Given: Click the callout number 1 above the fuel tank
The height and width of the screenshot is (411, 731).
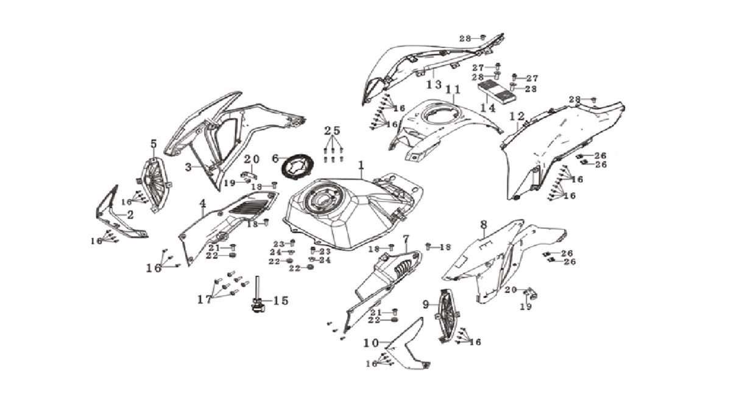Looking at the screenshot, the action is click(361, 166).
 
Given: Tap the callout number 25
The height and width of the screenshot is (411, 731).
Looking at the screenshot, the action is click(332, 131).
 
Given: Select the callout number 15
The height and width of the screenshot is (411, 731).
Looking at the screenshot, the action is click(281, 301).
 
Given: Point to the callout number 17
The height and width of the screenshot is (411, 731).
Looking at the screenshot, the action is click(205, 300).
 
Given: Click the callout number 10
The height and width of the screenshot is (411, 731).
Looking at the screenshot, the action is click(372, 343).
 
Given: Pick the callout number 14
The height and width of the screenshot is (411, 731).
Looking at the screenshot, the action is click(488, 107).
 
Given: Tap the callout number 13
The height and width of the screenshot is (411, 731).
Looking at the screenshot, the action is click(434, 85).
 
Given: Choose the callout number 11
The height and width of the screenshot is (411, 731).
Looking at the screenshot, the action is click(453, 90).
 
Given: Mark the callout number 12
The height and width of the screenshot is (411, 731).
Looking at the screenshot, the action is click(517, 116).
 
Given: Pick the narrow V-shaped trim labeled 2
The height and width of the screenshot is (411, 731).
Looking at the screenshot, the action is click(115, 217).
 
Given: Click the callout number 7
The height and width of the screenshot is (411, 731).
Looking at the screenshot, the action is click(406, 239).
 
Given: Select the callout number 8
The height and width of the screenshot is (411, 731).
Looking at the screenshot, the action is click(484, 225).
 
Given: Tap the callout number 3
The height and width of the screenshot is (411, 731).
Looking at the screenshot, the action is click(188, 167).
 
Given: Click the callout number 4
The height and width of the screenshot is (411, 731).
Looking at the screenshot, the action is click(203, 204).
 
